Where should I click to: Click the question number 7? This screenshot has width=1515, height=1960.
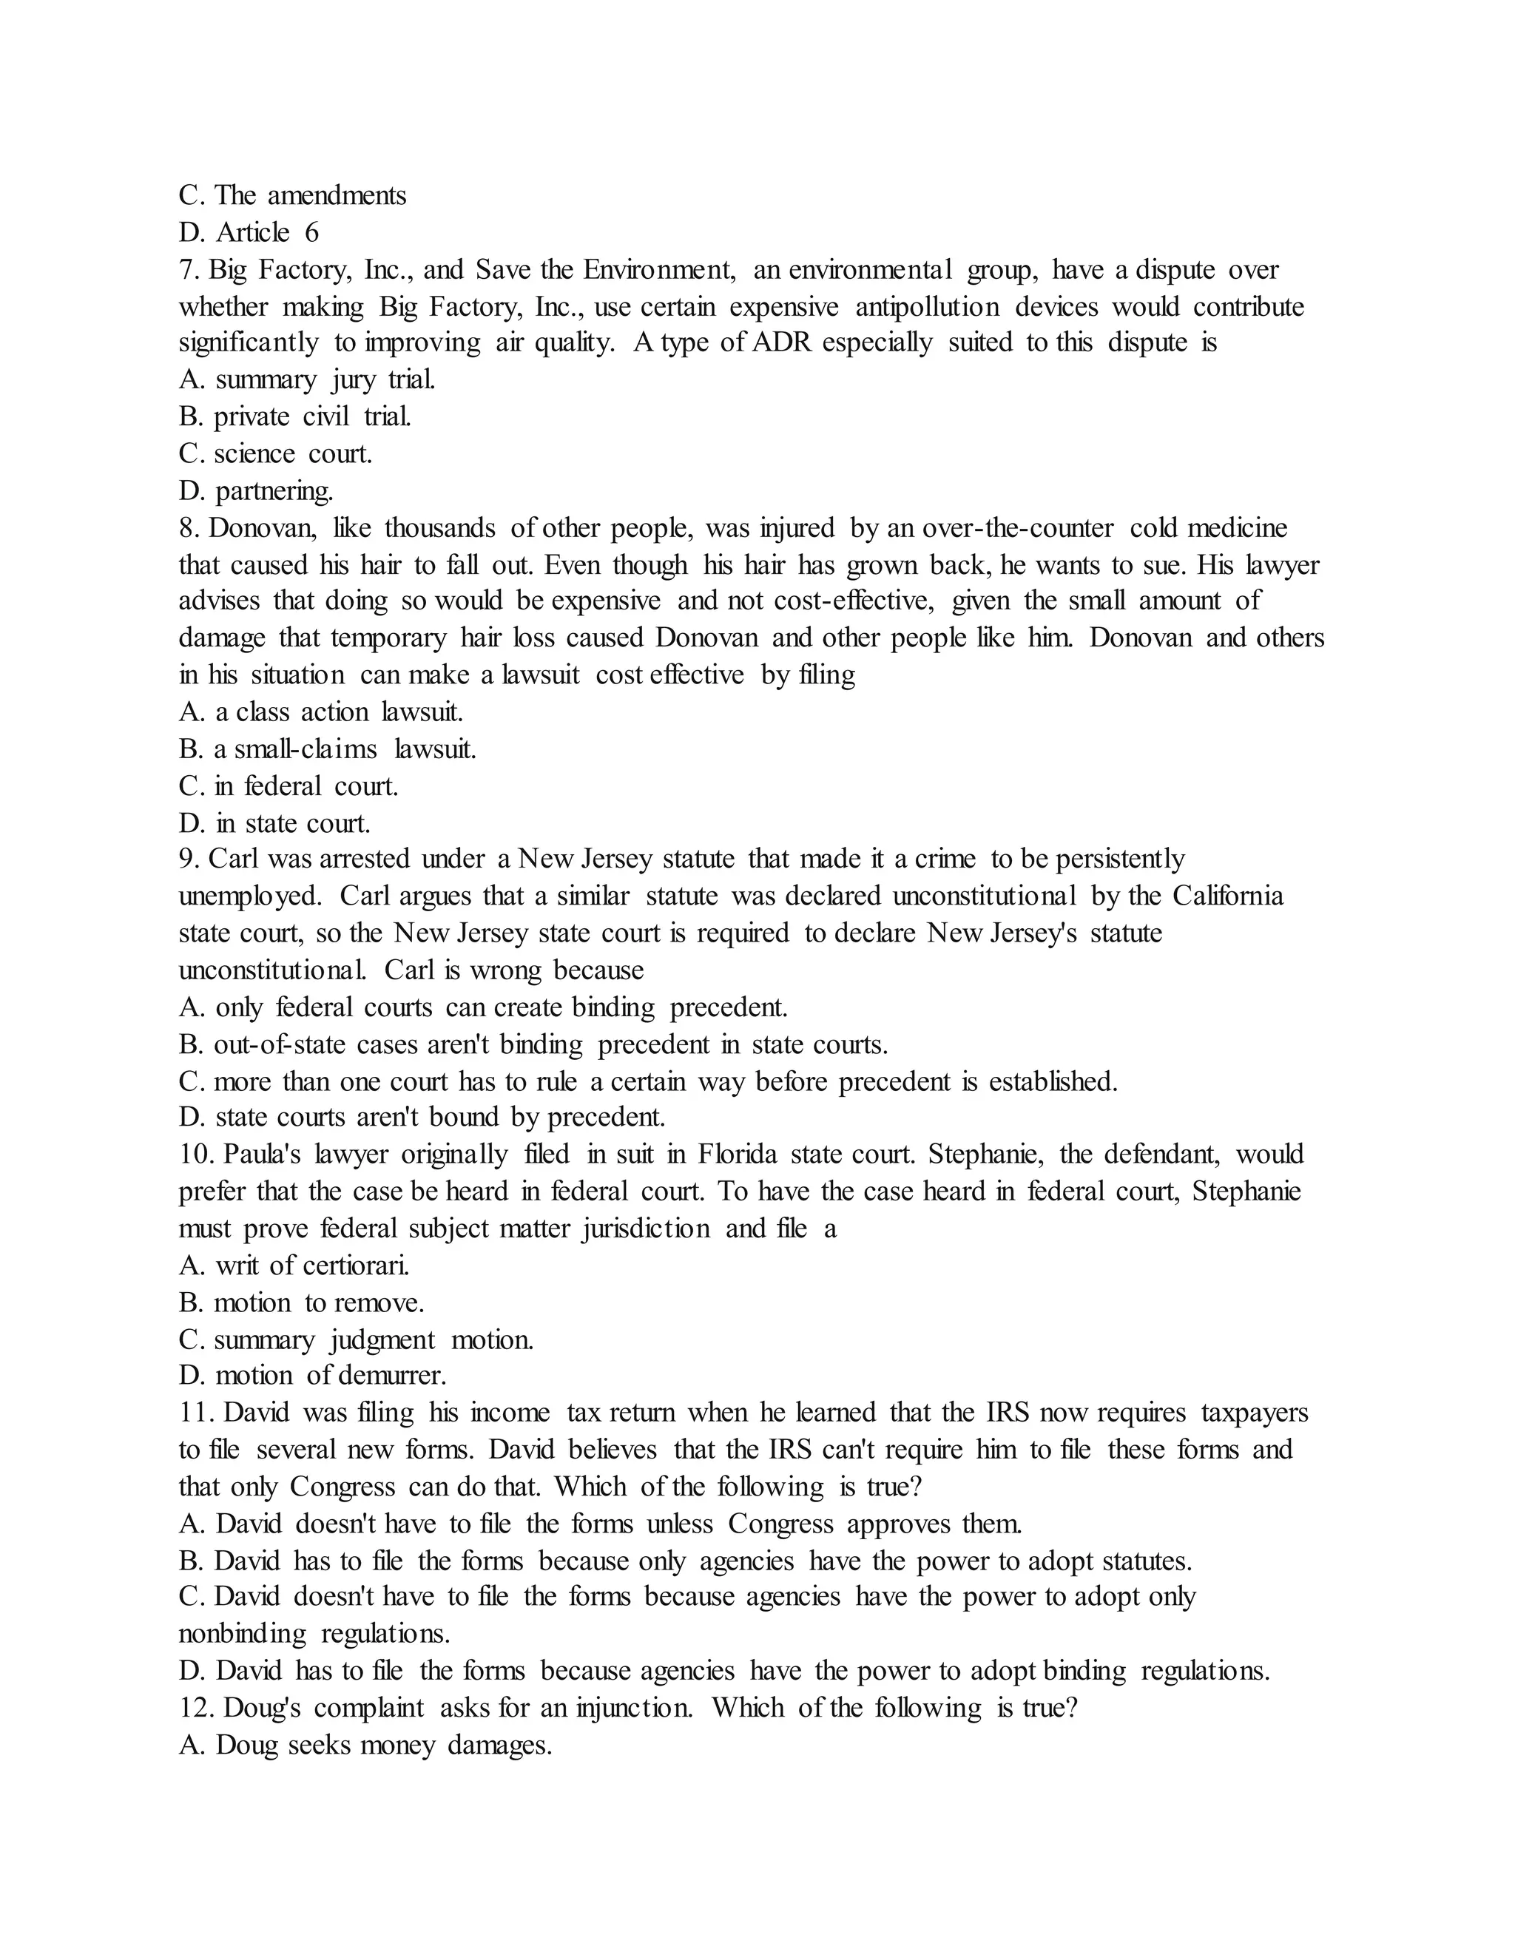[188, 270]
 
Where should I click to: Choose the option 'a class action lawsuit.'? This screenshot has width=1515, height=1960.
[320, 712]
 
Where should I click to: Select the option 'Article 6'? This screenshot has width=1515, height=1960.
[249, 233]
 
